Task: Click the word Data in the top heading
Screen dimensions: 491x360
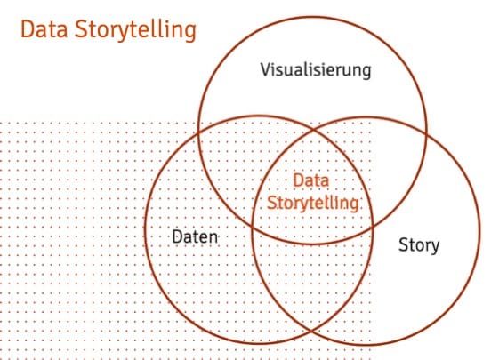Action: pyautogui.click(x=44, y=29)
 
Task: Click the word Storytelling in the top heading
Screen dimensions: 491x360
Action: pyautogui.click(x=135, y=31)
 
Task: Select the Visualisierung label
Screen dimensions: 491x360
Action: pyautogui.click(x=316, y=70)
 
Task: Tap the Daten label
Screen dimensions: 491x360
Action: pyautogui.click(x=195, y=237)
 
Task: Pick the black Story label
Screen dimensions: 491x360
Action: pyautogui.click(x=419, y=245)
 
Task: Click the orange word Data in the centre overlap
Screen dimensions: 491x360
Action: pyautogui.click(x=311, y=180)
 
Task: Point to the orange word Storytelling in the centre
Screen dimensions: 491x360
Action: pyautogui.click(x=313, y=204)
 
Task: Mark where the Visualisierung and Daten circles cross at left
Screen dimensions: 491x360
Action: pyautogui.click(x=199, y=132)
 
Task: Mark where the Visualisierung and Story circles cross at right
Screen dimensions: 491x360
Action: pyautogui.click(x=426, y=135)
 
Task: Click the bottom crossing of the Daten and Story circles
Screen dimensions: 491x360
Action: pyautogui.click(x=311, y=331)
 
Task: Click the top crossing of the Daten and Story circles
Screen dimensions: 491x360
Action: pyautogui.click(x=313, y=129)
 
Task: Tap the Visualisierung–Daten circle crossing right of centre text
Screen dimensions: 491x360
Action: pyautogui.click(x=373, y=227)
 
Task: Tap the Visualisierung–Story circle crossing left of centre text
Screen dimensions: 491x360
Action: pyautogui.click(x=253, y=226)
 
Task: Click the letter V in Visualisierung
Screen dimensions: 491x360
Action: pyautogui.click(x=266, y=69)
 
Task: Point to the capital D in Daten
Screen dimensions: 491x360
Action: pyautogui.click(x=177, y=237)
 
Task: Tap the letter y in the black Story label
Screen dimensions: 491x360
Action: pyautogui.click(x=435, y=247)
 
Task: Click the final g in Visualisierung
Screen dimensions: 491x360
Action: pyautogui.click(x=366, y=72)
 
